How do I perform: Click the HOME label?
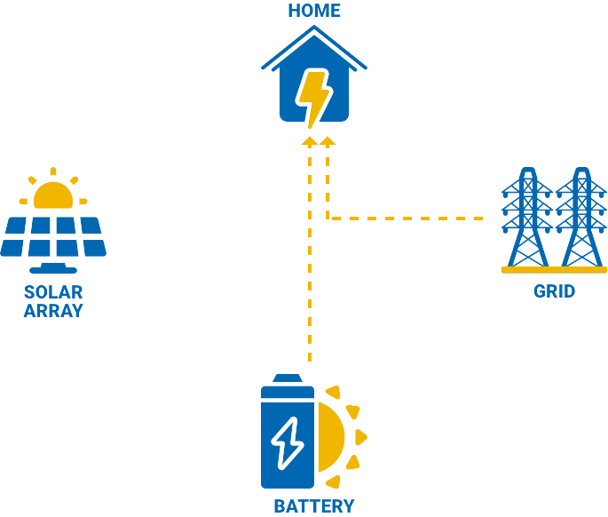(x=314, y=11)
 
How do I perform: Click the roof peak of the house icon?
(x=314, y=27)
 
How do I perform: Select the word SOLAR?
(x=53, y=292)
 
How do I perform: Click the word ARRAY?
(x=53, y=311)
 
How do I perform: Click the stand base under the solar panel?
(x=53, y=269)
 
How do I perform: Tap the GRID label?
(x=554, y=291)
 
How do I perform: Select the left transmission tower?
(x=527, y=218)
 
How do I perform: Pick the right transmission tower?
(x=581, y=218)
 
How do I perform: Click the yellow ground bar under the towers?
(x=554, y=270)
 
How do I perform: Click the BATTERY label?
(x=314, y=506)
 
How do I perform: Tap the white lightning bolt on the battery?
(x=288, y=443)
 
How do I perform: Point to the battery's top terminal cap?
(x=288, y=378)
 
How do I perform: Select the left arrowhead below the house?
(x=310, y=141)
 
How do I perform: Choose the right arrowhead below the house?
(x=328, y=141)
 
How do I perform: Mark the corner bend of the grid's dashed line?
(x=328, y=219)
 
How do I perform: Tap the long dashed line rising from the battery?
(x=310, y=253)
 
